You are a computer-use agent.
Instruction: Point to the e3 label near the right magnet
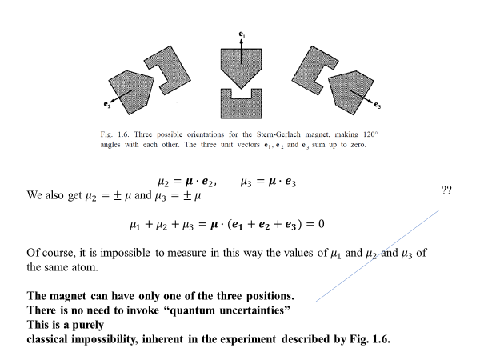click(377, 105)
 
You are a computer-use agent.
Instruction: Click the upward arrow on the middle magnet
click(241, 50)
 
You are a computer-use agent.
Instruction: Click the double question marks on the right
click(449, 190)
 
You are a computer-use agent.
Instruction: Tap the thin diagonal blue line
click(376, 256)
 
